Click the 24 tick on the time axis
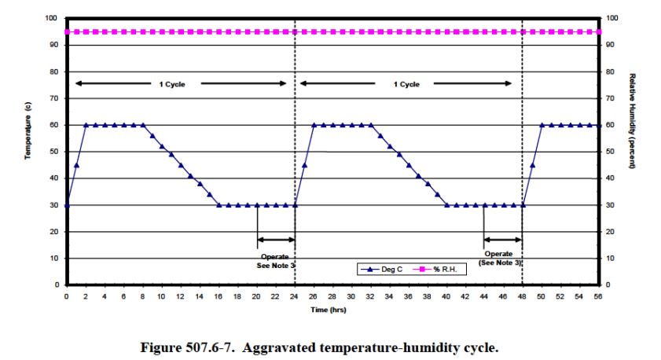click(x=294, y=297)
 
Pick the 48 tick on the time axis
click(x=522, y=297)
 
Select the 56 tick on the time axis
click(x=598, y=297)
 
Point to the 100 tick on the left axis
click(x=51, y=18)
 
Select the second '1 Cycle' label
click(x=406, y=84)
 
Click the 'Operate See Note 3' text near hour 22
click(x=275, y=261)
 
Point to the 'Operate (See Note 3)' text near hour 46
click(x=501, y=259)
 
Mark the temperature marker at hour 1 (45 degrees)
click(x=76, y=165)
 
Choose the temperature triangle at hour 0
click(x=67, y=205)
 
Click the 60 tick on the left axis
click(x=53, y=125)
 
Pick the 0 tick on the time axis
click(x=67, y=297)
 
